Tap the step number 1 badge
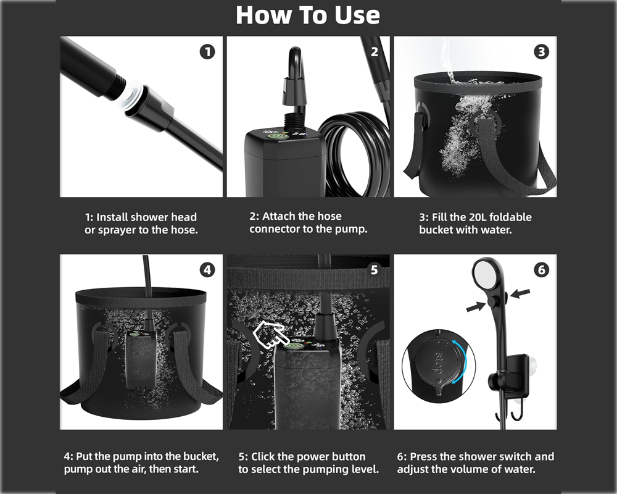click(x=207, y=52)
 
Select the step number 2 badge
click(x=374, y=52)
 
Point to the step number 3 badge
click(x=541, y=52)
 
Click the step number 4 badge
click(x=207, y=270)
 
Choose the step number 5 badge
click(x=374, y=270)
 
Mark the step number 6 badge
click(x=541, y=270)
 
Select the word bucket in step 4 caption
click(x=200, y=457)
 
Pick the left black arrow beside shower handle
click(x=475, y=305)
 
